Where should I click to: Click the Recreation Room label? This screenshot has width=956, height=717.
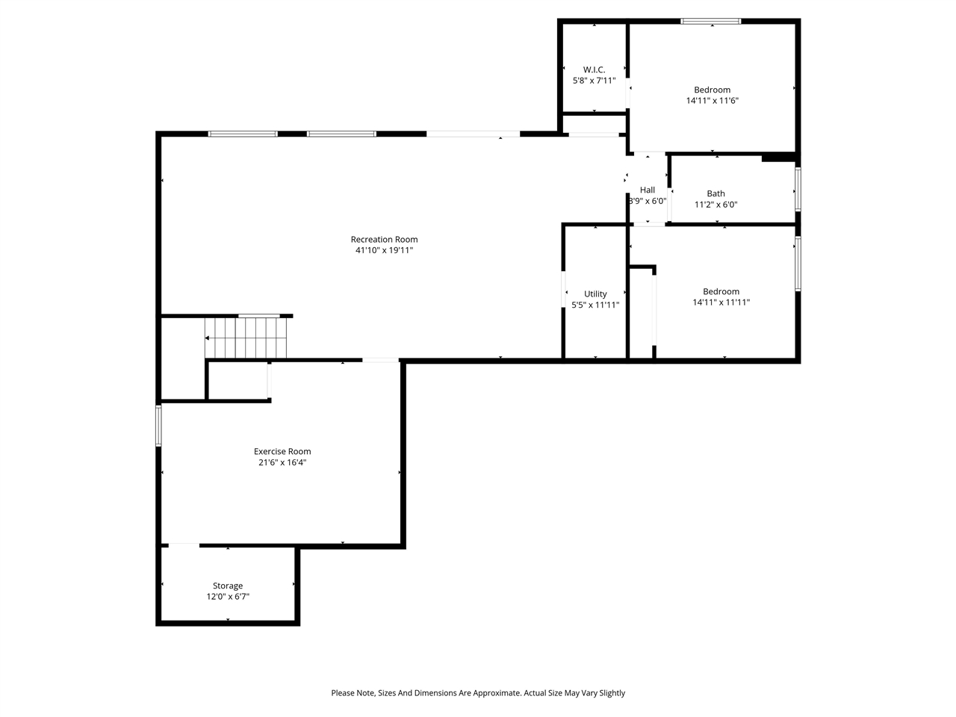tap(384, 240)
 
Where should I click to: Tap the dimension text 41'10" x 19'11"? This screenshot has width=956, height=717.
tap(384, 251)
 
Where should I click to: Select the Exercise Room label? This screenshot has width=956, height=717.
tap(282, 451)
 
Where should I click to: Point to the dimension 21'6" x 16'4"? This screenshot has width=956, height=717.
tap(282, 462)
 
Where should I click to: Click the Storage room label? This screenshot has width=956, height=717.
tap(228, 586)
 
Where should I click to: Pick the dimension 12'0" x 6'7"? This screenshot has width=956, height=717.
tap(228, 597)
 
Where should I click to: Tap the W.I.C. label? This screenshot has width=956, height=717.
tap(594, 69)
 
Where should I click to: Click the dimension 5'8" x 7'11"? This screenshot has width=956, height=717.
tap(594, 81)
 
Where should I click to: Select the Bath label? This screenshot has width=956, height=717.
tap(716, 193)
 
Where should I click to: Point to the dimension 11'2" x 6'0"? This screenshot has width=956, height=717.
tap(716, 205)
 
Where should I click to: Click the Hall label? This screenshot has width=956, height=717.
tap(647, 190)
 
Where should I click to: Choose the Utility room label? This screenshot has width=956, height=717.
tap(595, 294)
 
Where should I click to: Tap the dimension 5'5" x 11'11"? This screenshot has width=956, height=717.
tap(595, 305)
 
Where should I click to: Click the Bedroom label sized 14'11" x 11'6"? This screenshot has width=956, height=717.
tap(712, 90)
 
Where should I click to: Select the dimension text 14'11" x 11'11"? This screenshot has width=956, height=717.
tap(721, 302)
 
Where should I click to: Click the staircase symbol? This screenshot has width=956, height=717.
tap(246, 338)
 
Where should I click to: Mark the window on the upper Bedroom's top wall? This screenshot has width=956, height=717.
tap(710, 21)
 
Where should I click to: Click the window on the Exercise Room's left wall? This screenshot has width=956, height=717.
tap(158, 426)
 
